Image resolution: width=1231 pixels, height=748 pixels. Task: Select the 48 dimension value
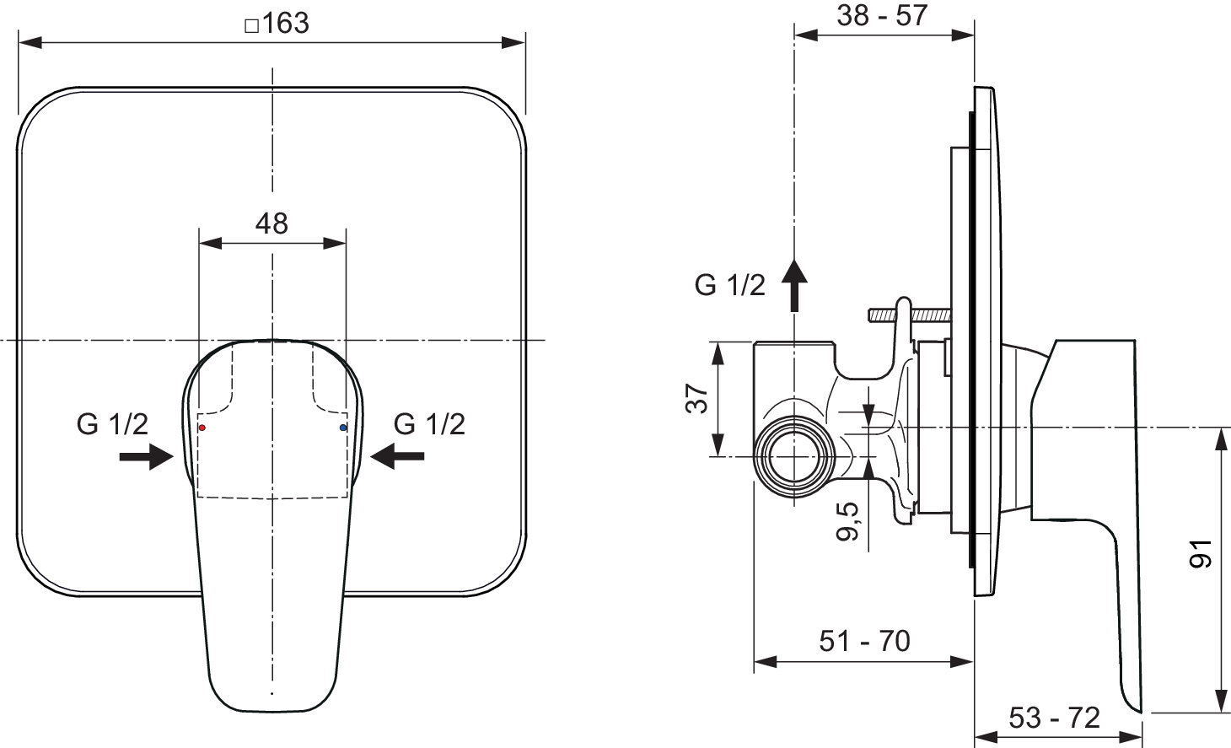[x=271, y=223]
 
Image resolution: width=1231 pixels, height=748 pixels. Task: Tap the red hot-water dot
[x=202, y=428]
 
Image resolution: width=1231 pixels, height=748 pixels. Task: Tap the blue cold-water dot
[x=343, y=428]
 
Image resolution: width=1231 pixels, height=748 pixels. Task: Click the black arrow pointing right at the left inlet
[x=147, y=457]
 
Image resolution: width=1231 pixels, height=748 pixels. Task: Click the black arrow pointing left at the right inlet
[x=397, y=456]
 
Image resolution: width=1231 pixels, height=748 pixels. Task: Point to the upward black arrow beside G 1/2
[x=794, y=285]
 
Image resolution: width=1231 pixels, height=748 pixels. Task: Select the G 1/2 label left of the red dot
[x=113, y=424]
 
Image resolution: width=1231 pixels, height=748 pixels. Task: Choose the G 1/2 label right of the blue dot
[x=429, y=424]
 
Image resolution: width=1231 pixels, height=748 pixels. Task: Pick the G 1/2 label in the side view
[x=730, y=285]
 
